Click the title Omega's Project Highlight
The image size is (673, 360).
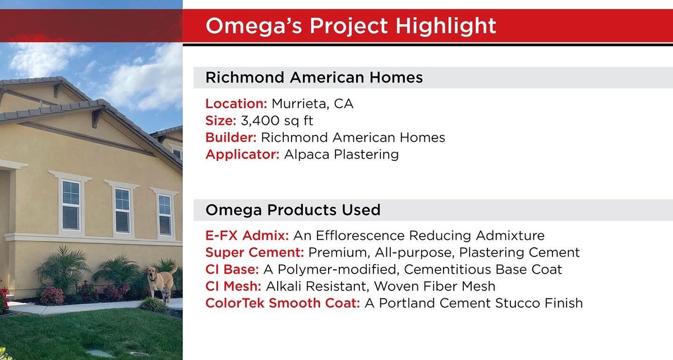tap(351, 26)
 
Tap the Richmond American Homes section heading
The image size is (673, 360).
tap(314, 78)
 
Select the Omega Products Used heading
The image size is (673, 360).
tap(293, 210)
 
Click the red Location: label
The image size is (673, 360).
tap(236, 104)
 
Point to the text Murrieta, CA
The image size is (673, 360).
tap(312, 104)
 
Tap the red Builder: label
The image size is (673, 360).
tap(231, 138)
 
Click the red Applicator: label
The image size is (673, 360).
tap(242, 155)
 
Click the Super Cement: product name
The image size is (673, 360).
tap(254, 252)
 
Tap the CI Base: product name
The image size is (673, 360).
tap(232, 270)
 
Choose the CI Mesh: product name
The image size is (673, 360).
tap(233, 287)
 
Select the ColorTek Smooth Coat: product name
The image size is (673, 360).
tap(283, 303)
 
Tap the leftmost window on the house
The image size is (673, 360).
tap(71, 205)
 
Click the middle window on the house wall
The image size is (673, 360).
tap(122, 210)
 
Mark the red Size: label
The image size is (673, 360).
tap(219, 121)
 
